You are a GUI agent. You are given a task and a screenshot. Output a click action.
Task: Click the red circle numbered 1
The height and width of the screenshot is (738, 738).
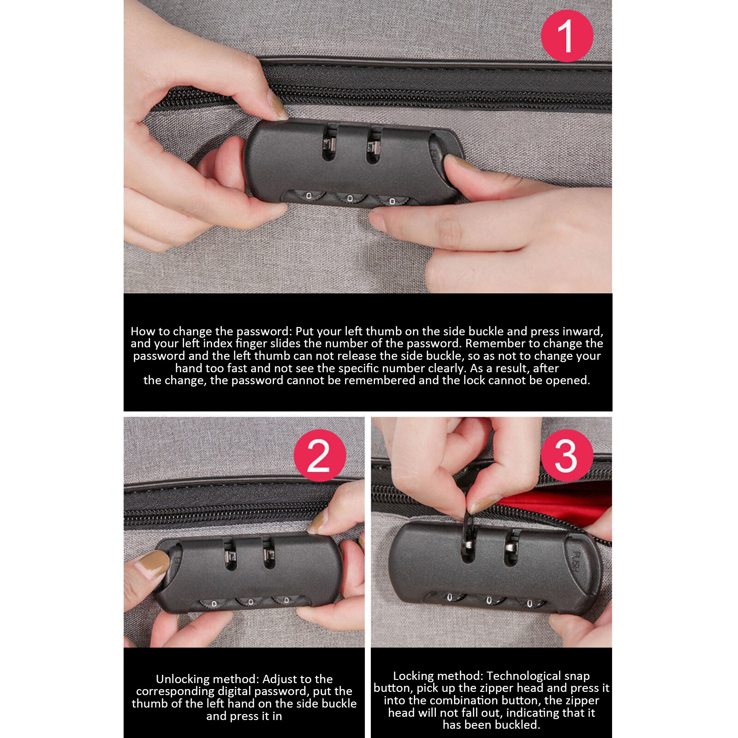tap(566, 36)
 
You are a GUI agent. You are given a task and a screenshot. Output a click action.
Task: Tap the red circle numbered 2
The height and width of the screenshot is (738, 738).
tap(320, 456)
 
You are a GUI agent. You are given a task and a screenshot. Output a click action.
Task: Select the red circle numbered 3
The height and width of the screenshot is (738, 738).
tap(567, 456)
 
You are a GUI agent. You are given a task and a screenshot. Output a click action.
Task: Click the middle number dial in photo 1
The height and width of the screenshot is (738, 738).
tap(350, 198)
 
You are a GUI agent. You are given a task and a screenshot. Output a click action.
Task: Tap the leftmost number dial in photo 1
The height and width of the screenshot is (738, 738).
tap(309, 196)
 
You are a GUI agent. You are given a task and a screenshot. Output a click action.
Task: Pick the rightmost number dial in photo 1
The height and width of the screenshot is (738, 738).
tap(392, 201)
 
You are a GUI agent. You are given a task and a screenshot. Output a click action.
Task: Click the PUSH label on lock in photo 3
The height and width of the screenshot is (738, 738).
tap(577, 561)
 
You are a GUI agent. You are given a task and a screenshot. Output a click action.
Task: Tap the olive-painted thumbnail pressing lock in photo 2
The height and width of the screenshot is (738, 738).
tap(153, 564)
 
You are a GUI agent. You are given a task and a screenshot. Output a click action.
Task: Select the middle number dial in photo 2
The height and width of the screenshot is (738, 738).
tap(250, 602)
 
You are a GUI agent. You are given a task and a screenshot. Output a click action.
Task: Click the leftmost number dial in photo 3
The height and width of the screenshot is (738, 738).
tap(450, 597)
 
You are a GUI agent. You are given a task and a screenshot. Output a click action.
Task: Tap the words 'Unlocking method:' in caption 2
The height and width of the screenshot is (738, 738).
tap(208, 679)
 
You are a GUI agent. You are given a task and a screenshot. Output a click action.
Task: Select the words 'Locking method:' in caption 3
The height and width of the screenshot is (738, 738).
tap(438, 676)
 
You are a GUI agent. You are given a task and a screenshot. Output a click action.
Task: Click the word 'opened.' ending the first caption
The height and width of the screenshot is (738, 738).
tap(568, 380)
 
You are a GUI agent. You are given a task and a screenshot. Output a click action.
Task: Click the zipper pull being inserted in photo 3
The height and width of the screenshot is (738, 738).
tap(469, 526)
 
